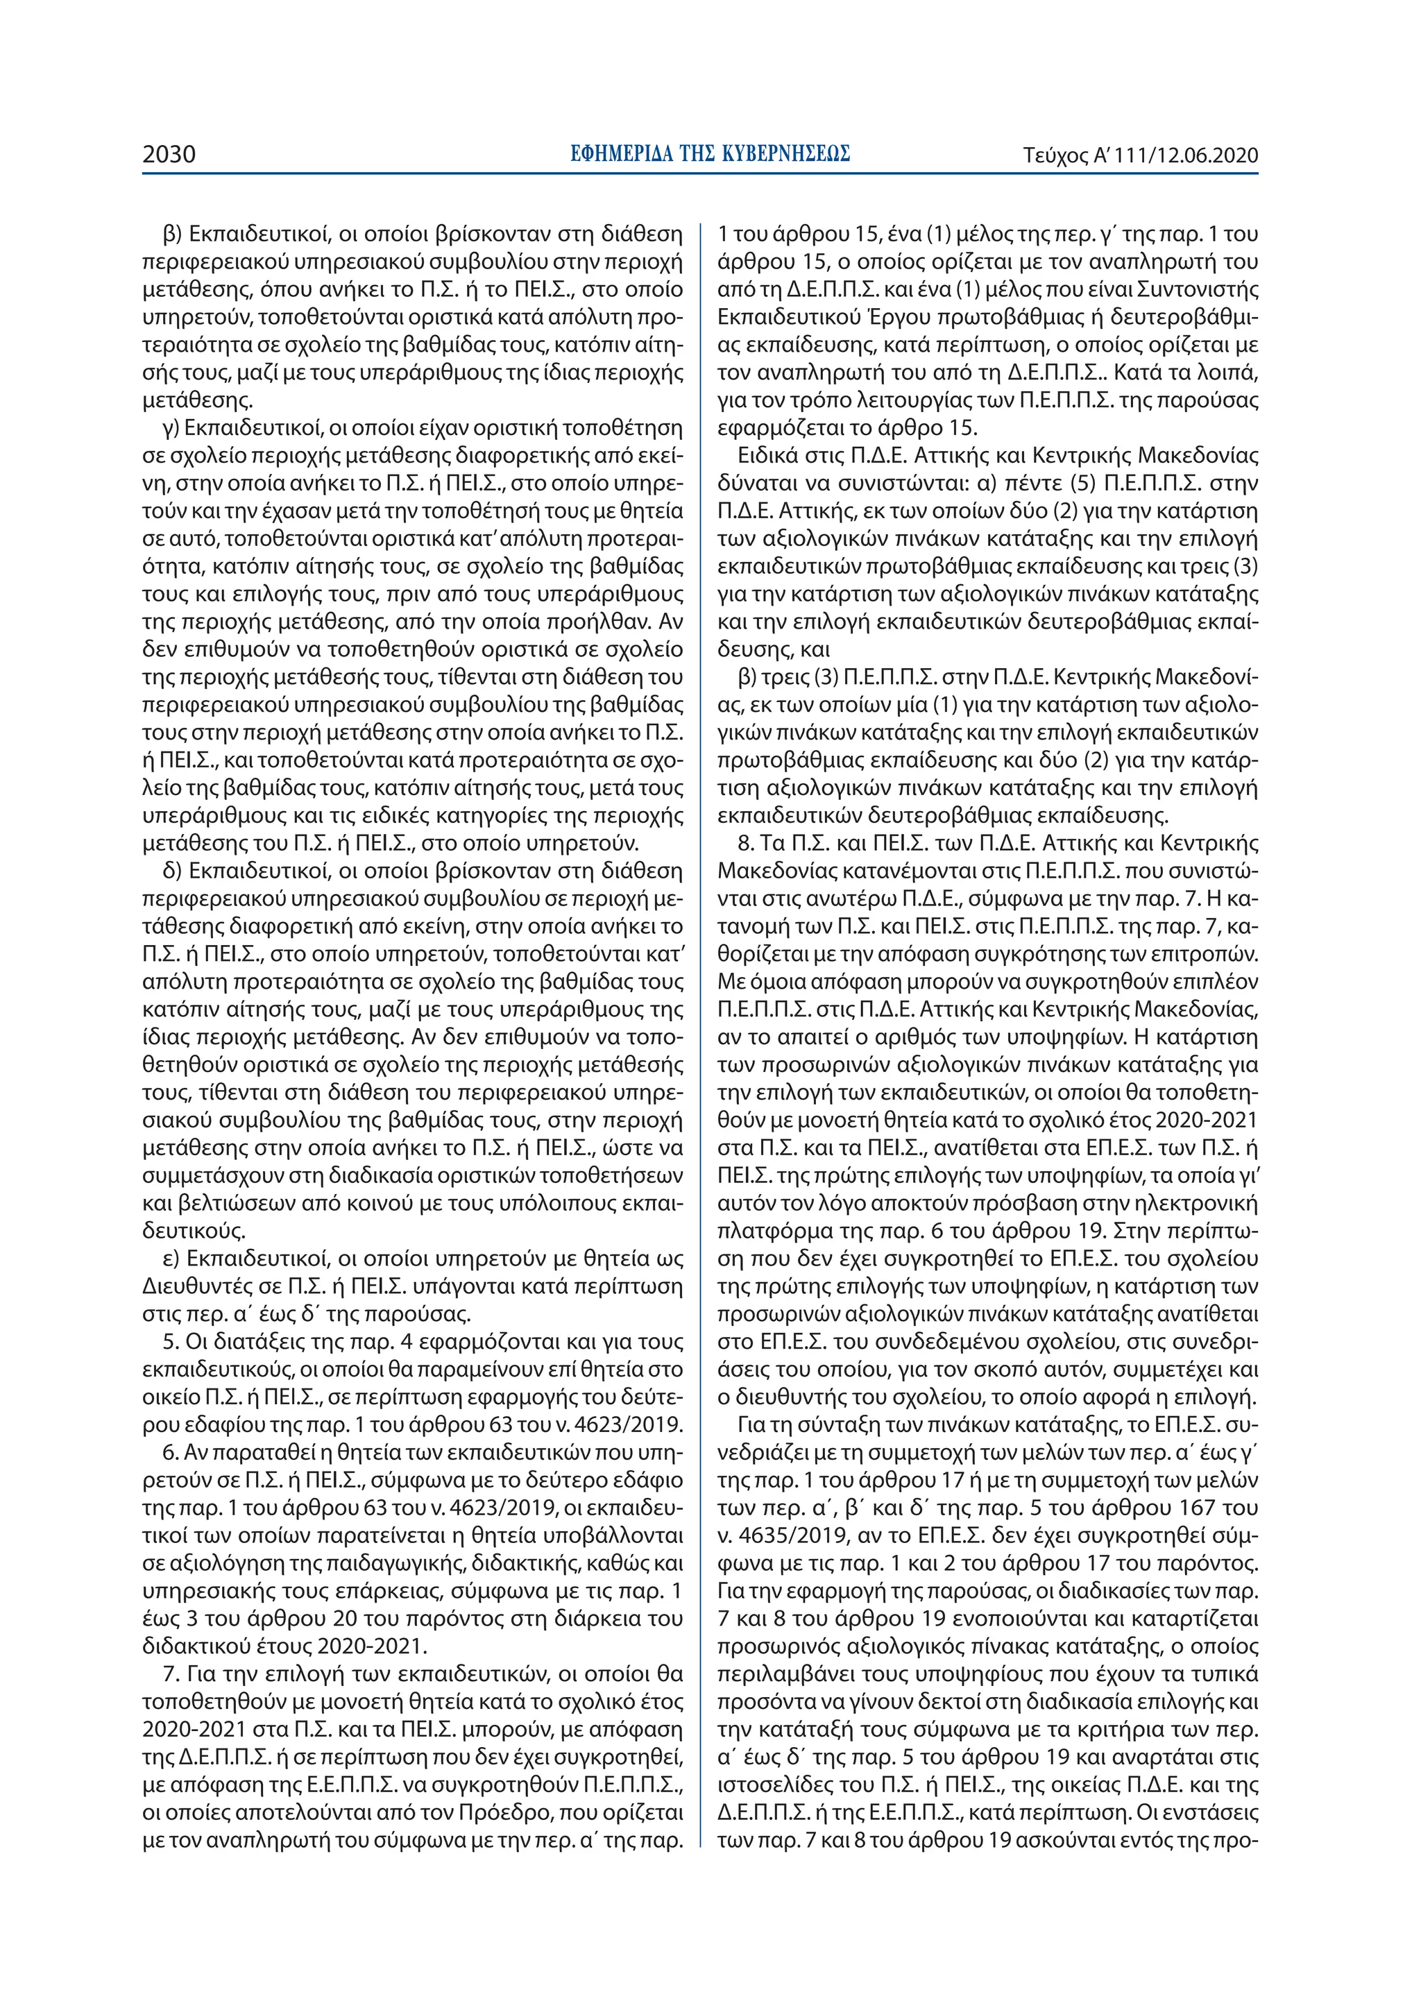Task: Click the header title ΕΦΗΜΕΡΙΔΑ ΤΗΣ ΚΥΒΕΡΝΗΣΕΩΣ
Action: (710, 155)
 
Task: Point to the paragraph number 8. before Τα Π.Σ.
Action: (747, 844)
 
